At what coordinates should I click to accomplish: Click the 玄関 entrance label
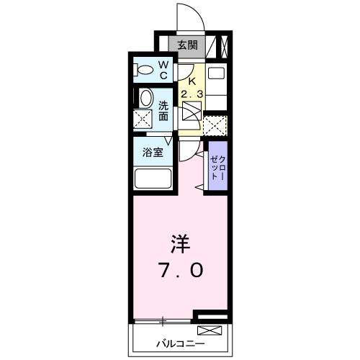click(187, 45)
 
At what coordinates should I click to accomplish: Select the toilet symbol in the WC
click(145, 71)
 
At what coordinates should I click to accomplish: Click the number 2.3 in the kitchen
click(190, 94)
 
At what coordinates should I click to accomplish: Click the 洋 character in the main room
click(180, 242)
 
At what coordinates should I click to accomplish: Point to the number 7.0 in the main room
click(181, 270)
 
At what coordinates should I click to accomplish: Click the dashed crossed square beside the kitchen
click(215, 125)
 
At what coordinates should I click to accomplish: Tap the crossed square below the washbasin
click(143, 120)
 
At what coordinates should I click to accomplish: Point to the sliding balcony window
click(163, 320)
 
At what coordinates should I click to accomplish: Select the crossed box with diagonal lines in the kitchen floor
click(192, 112)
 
